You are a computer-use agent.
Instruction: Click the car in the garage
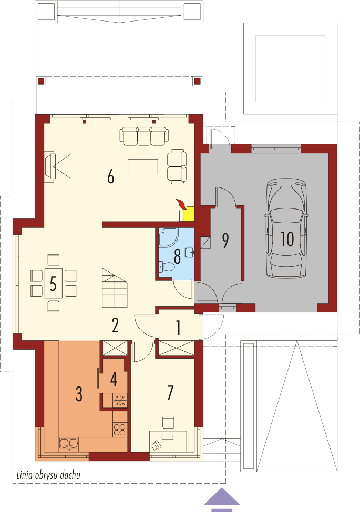(x=287, y=228)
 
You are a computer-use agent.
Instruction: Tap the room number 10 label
(x=287, y=239)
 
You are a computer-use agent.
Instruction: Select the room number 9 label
(x=225, y=241)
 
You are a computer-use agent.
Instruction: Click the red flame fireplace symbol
(x=181, y=204)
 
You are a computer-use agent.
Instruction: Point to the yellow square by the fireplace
(x=189, y=215)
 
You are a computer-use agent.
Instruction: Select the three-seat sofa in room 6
(x=144, y=136)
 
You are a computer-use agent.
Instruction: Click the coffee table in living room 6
(x=143, y=166)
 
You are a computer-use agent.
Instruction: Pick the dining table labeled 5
(x=53, y=283)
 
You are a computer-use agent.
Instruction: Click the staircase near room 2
(x=115, y=288)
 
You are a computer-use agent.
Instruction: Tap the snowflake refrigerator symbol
(x=120, y=400)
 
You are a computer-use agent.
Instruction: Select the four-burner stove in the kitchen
(x=120, y=430)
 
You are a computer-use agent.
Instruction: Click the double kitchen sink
(x=69, y=444)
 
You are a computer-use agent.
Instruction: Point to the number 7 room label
(x=170, y=392)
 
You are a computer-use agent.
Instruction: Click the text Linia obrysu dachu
(x=48, y=475)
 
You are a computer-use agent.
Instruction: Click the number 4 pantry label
(x=114, y=380)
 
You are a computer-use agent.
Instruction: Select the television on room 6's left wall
(x=49, y=166)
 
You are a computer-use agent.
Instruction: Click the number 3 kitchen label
(x=79, y=394)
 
